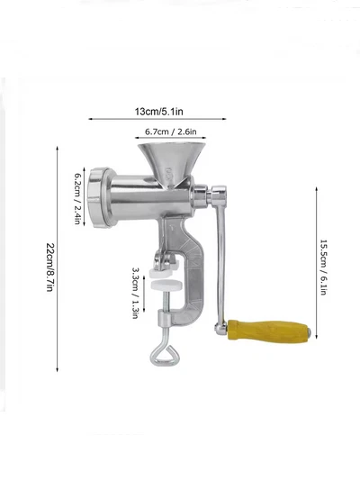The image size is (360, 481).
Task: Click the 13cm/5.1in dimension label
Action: (159, 112)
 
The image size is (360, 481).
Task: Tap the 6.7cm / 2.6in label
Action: (171, 132)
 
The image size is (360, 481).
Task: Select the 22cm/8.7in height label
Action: (50, 268)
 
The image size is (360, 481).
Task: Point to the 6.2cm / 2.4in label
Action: (77, 198)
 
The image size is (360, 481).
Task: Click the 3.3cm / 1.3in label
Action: (135, 293)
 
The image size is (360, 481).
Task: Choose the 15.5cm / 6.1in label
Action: (323, 268)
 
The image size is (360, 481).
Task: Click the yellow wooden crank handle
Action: (268, 331)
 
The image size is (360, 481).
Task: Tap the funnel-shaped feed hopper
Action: (172, 161)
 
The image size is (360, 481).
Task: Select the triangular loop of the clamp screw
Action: (163, 355)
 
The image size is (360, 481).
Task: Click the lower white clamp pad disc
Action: (166, 285)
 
